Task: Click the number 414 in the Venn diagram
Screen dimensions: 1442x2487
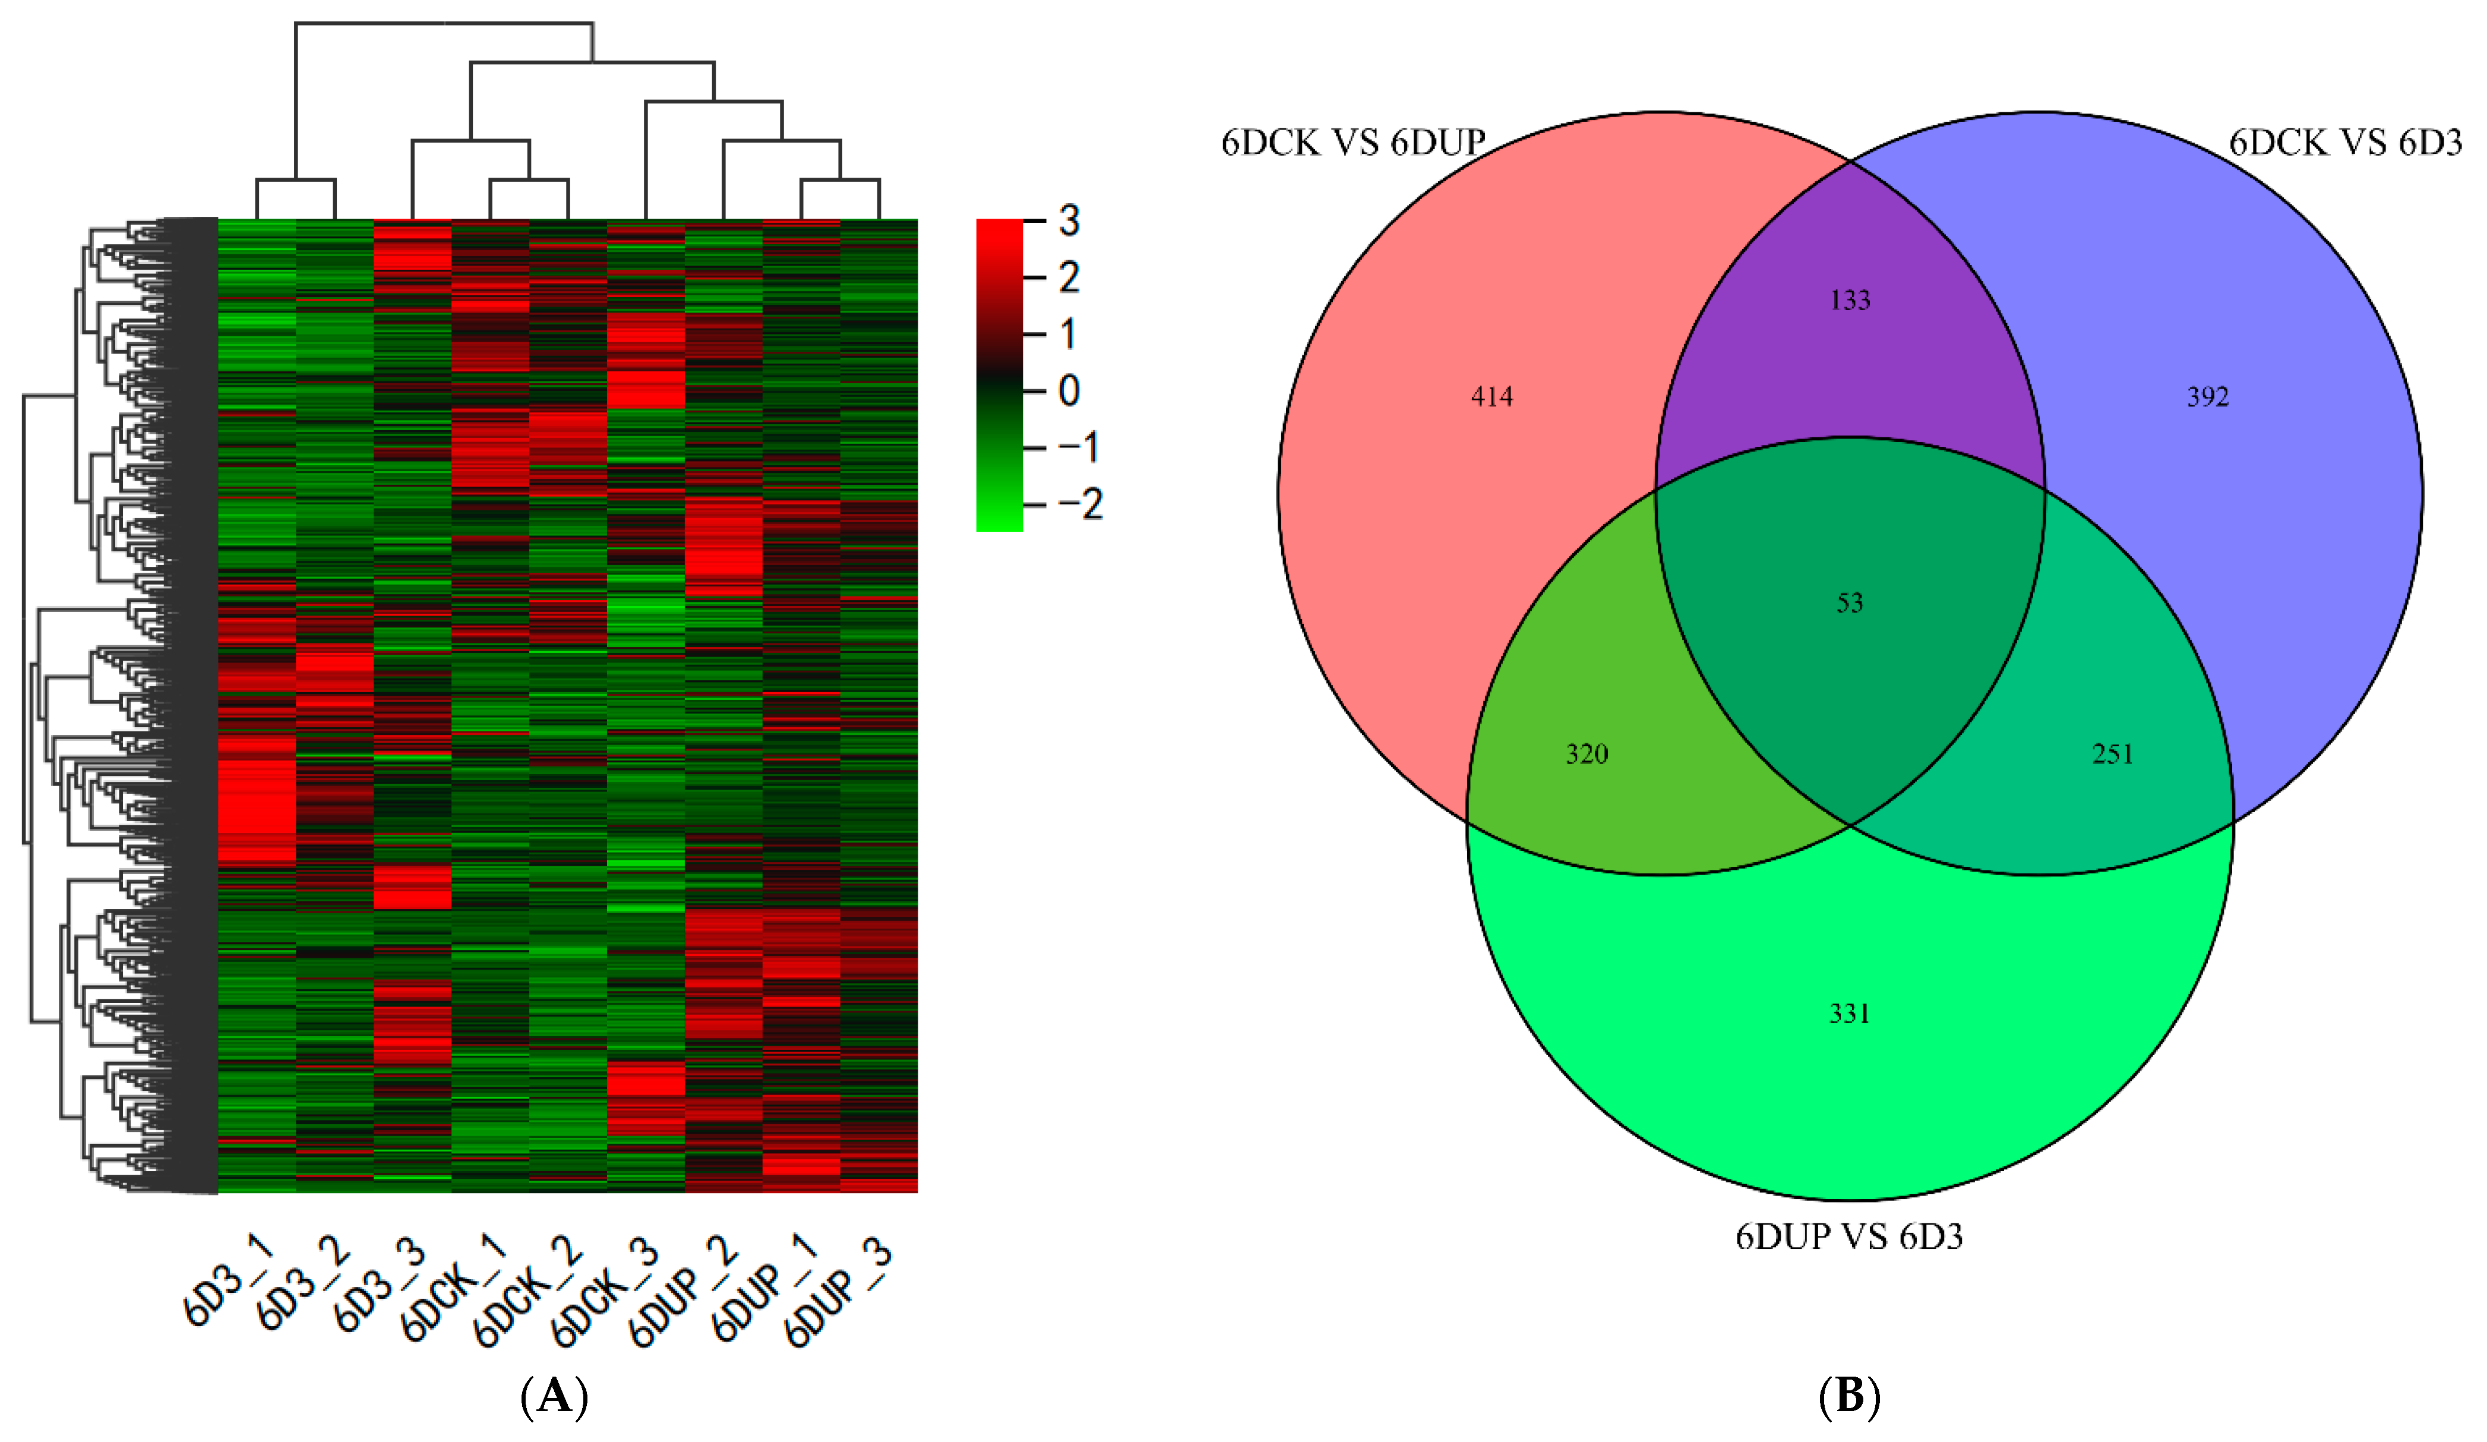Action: (x=1491, y=397)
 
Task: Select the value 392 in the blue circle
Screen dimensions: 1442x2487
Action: (x=2208, y=397)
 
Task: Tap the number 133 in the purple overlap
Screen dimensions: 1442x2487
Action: (x=1850, y=300)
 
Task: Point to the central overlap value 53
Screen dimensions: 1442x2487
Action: (x=1850, y=603)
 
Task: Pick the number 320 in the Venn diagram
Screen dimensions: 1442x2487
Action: (x=1587, y=754)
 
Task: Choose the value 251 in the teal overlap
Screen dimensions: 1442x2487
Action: (x=2113, y=754)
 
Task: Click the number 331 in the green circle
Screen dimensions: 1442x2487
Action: (x=1850, y=1014)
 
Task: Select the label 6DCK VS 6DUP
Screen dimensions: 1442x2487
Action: (x=1353, y=143)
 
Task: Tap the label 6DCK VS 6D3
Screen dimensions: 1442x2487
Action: (x=2345, y=143)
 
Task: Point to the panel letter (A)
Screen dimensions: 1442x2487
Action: (x=554, y=1397)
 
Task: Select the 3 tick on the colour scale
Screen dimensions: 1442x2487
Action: (x=1069, y=221)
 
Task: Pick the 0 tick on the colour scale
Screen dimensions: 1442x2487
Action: (x=1069, y=391)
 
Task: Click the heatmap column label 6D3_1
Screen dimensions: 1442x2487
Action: (x=228, y=1280)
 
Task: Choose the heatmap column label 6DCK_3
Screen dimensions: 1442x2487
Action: (x=604, y=1293)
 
